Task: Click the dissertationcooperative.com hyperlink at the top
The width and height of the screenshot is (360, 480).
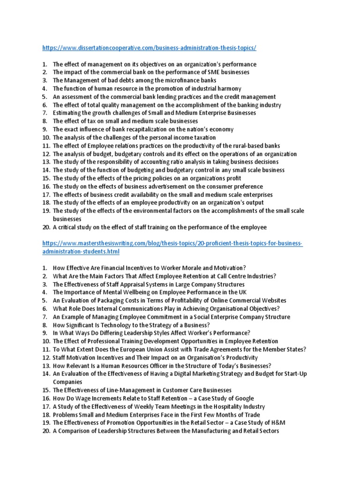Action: point(149,48)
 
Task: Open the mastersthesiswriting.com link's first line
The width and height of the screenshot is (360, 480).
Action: point(172,244)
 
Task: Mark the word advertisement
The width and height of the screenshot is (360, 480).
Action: point(168,187)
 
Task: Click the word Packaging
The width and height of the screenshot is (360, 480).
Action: point(107,300)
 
